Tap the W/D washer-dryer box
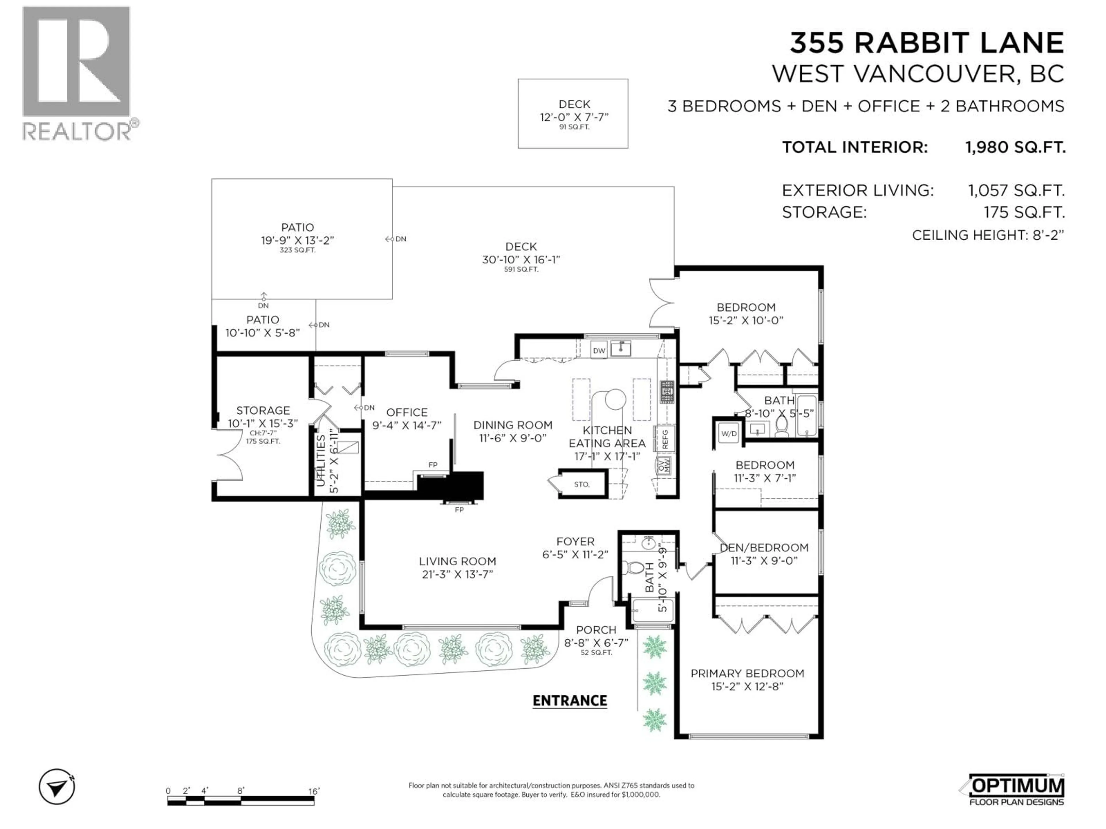tap(728, 433)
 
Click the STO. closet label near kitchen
tap(582, 484)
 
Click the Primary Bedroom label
tap(747, 673)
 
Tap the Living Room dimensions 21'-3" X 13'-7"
tap(457, 574)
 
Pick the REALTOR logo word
tap(77, 132)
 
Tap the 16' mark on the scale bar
tap(313, 791)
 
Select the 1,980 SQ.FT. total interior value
tap(1015, 147)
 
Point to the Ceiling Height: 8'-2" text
tap(988, 235)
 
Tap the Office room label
tap(406, 412)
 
